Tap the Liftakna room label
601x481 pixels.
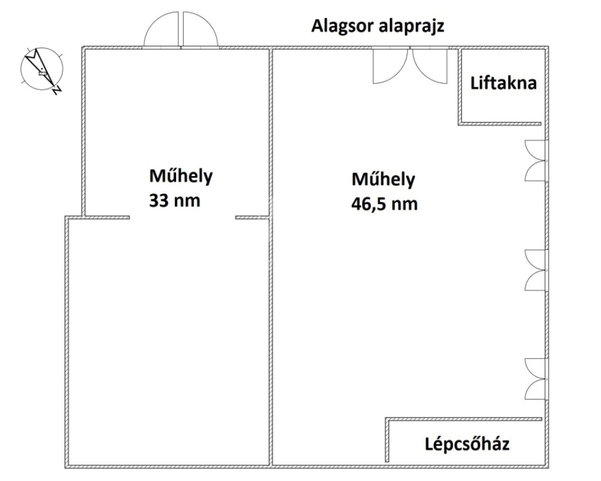503,83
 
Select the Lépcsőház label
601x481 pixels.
467,444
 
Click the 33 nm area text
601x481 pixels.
174,200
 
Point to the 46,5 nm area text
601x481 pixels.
384,204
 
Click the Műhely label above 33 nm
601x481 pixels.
181,176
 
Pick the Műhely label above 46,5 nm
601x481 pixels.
383,179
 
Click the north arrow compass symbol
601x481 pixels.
42,70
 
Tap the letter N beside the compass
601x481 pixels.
57,90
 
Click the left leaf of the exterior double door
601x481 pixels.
161,29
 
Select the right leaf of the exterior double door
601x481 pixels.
201,29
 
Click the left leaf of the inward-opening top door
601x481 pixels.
390,66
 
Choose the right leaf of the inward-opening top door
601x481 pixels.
430,66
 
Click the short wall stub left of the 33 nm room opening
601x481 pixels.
106,218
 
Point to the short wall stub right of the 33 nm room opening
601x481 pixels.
252,218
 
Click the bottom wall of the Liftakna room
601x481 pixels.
499,124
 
